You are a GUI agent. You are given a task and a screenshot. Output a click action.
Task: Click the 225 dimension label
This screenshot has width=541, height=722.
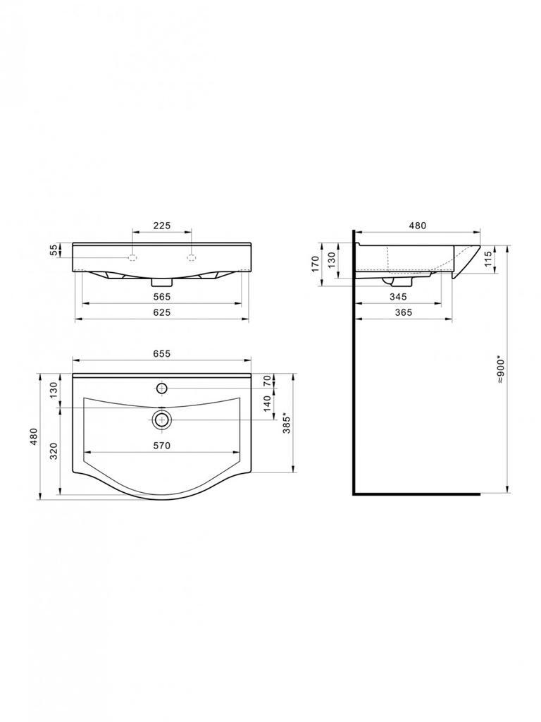pyautogui.click(x=162, y=225)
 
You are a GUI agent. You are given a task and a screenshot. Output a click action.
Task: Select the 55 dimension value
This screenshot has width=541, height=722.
pyautogui.click(x=54, y=250)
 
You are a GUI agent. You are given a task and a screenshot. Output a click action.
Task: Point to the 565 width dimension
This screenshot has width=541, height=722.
pyautogui.click(x=162, y=297)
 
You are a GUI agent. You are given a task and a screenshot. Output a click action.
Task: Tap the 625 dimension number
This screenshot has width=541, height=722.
pyautogui.click(x=162, y=312)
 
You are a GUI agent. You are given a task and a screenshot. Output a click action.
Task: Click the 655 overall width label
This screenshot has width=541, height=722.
pyautogui.click(x=162, y=354)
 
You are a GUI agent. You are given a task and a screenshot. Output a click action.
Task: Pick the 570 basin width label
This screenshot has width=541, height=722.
pyautogui.click(x=162, y=446)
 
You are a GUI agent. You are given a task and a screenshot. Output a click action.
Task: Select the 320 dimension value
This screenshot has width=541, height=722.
pyautogui.click(x=54, y=451)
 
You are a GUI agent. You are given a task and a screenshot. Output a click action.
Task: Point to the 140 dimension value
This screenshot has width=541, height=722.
pyautogui.click(x=267, y=404)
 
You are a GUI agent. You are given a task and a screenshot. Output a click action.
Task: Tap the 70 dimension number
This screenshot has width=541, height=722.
pyautogui.click(x=267, y=380)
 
